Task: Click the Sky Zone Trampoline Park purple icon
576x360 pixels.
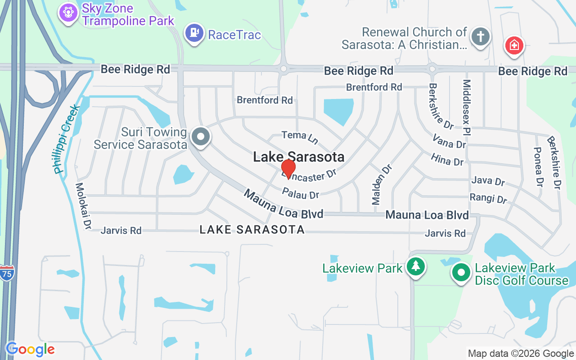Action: click(x=68, y=12)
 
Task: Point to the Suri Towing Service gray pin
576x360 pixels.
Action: click(x=201, y=136)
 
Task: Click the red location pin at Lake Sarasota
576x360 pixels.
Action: click(x=288, y=168)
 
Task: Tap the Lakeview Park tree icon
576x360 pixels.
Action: click(x=415, y=266)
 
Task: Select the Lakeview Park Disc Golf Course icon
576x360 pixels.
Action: click(x=461, y=272)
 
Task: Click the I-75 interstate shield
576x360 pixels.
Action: click(x=7, y=273)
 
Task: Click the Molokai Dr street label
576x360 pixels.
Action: click(x=83, y=206)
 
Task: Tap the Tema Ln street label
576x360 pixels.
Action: click(x=300, y=137)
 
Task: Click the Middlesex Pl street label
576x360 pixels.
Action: click(x=467, y=108)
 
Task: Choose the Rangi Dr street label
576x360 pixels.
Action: click(x=488, y=198)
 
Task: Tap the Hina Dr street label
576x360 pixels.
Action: click(x=447, y=159)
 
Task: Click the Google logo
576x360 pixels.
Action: click(x=30, y=349)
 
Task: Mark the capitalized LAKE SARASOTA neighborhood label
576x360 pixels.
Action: click(x=252, y=230)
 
